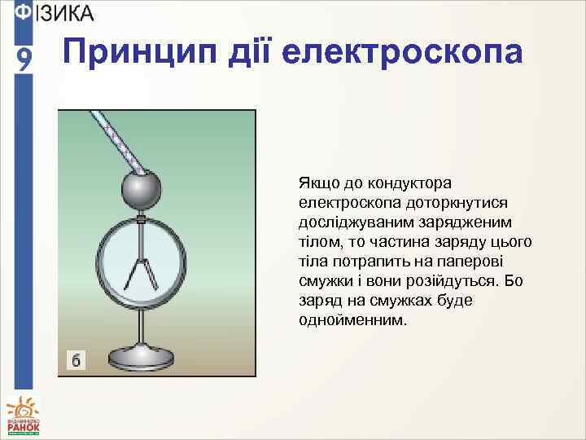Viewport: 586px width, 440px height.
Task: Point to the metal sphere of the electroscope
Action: [141, 191]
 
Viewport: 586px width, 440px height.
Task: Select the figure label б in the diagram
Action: [76, 359]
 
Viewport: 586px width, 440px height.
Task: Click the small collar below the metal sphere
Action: [141, 219]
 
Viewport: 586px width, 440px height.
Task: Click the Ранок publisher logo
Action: [23, 416]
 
